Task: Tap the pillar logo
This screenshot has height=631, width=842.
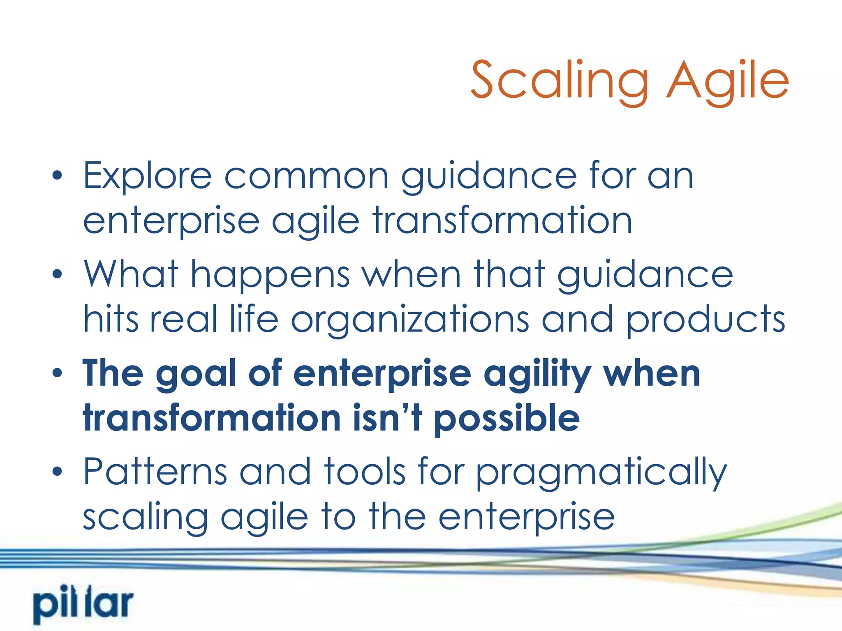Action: click(83, 606)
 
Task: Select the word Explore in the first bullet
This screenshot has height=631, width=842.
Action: click(147, 177)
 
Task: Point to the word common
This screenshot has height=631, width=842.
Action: click(306, 177)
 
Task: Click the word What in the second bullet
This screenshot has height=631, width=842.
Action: click(131, 274)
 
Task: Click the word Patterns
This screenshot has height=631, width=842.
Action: click(155, 472)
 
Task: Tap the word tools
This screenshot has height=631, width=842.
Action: click(364, 472)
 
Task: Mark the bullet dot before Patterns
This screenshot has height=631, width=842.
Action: click(58, 471)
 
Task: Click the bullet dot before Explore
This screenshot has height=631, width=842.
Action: click(58, 176)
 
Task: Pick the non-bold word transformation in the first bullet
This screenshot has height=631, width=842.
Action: click(502, 221)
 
